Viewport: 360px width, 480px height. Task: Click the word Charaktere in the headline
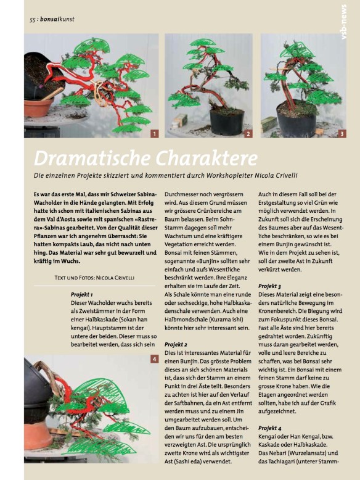[207, 159]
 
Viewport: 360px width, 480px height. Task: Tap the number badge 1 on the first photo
[155, 134]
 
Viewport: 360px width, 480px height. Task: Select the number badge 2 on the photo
[248, 134]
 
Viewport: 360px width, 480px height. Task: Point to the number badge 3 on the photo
[342, 134]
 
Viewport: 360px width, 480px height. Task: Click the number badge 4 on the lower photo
[155, 359]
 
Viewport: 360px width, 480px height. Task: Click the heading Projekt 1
[81, 294]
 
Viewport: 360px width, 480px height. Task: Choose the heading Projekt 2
[176, 344]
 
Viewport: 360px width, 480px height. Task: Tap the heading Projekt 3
[269, 286]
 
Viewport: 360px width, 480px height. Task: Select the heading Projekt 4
[270, 428]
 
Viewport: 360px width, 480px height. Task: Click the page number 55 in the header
[33, 20]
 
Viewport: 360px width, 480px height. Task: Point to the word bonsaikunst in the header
[57, 19]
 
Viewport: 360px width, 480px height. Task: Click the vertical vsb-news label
[344, 22]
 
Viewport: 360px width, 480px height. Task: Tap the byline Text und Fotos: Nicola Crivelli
[94, 278]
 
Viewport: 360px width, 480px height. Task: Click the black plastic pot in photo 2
[227, 121]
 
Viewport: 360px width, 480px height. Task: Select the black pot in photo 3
[296, 120]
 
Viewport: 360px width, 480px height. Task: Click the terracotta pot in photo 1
[38, 107]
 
